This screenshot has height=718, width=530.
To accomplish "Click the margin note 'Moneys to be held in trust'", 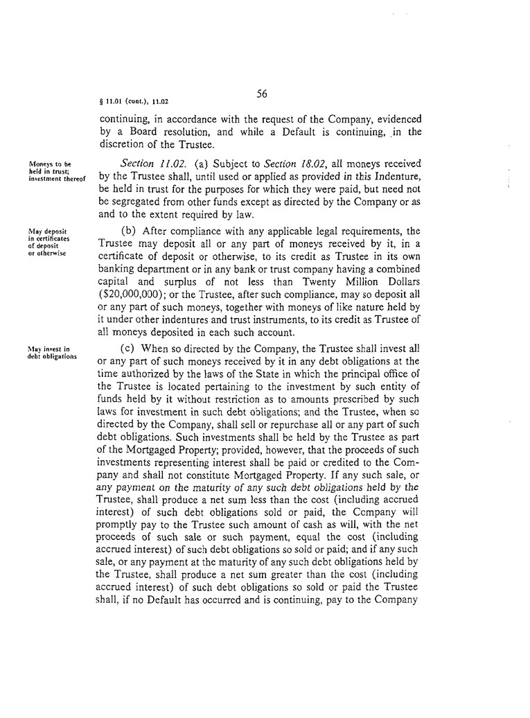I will [x=55, y=169].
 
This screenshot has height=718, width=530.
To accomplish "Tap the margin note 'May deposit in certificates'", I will [x=52, y=240].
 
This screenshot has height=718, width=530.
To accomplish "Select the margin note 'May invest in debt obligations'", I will [x=53, y=352].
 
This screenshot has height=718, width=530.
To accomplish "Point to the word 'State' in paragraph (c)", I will [x=269, y=373].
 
